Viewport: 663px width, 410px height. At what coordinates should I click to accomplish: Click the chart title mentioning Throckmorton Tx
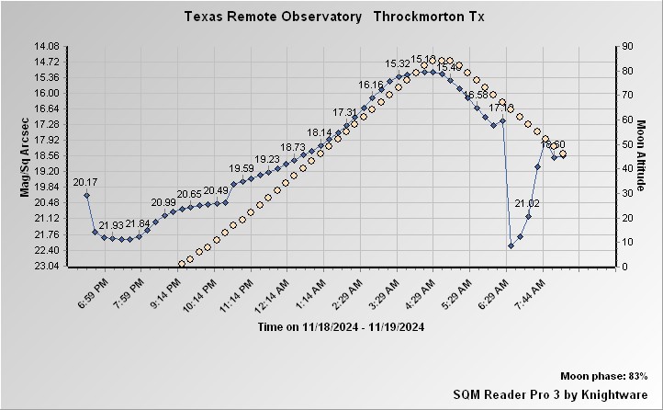pyautogui.click(x=334, y=17)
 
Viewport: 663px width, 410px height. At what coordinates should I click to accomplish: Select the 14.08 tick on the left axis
pyautogui.click(x=46, y=46)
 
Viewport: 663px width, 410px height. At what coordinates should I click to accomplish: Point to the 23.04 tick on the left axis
pyautogui.click(x=46, y=267)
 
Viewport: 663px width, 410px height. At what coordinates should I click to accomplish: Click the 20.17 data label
pyautogui.click(x=85, y=182)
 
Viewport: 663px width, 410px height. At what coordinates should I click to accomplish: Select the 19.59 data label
pyautogui.click(x=242, y=168)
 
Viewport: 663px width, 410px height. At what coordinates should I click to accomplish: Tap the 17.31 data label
pyautogui.click(x=345, y=112)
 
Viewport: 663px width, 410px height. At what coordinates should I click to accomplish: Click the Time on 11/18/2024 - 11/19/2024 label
pyautogui.click(x=341, y=327)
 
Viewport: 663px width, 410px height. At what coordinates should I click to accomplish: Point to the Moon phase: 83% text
pyautogui.click(x=604, y=377)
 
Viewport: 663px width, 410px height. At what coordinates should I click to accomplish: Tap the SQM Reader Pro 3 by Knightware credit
pyautogui.click(x=550, y=393)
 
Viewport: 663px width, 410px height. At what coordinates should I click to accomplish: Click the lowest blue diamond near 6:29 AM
pyautogui.click(x=511, y=245)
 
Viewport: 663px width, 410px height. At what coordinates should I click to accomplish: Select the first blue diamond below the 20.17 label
pyautogui.click(x=87, y=195)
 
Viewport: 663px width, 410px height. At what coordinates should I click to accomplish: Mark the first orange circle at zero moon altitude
pyautogui.click(x=182, y=263)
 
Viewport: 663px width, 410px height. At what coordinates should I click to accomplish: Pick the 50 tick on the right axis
pyautogui.click(x=626, y=144)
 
